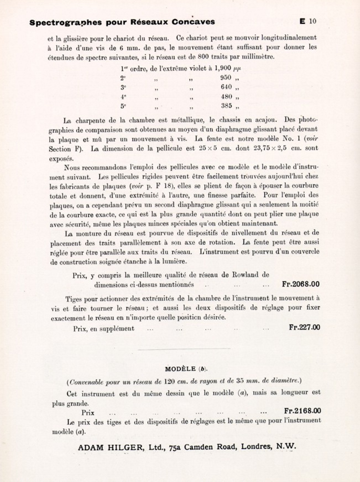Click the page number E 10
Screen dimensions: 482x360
click(x=308, y=21)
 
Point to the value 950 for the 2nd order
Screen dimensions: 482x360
click(x=226, y=77)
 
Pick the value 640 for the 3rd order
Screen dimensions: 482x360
click(x=226, y=87)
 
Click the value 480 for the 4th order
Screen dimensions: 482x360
click(x=226, y=97)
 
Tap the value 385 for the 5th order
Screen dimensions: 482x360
click(x=226, y=106)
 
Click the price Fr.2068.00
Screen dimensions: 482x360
click(x=301, y=284)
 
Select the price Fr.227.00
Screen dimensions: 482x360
click(x=304, y=327)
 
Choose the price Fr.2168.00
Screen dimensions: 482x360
click(x=302, y=411)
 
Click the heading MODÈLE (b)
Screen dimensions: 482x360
click(x=186, y=369)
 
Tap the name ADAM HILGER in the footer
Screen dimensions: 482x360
click(x=109, y=447)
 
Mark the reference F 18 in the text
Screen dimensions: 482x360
click(x=166, y=186)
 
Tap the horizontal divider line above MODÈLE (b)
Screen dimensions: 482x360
click(x=184, y=349)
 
